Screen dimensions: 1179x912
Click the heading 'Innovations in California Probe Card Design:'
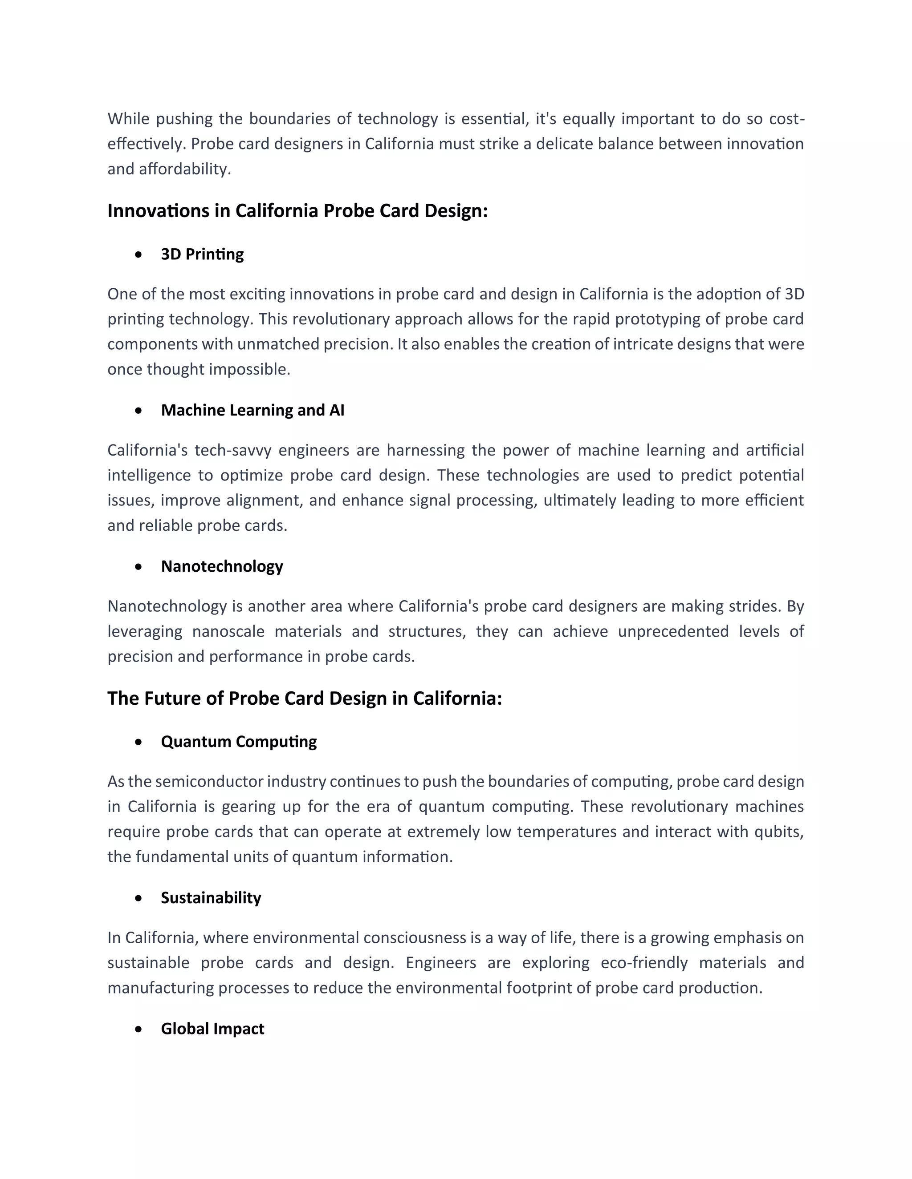pyautogui.click(x=297, y=210)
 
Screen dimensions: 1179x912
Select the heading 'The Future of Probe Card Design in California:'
pyautogui.click(x=304, y=698)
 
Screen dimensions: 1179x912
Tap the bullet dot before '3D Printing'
pyautogui.click(x=139, y=254)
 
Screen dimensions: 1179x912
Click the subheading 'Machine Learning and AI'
pyautogui.click(x=252, y=410)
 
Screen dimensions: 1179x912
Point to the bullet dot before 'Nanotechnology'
pyautogui.click(x=139, y=566)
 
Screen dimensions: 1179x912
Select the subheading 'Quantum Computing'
pyautogui.click(x=238, y=741)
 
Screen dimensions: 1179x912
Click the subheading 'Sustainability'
pyautogui.click(x=211, y=897)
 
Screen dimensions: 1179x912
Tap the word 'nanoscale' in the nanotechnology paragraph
pyautogui.click(x=228, y=632)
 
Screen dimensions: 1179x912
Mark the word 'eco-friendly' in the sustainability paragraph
pyautogui.click(x=644, y=962)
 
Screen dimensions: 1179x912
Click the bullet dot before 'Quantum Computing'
pyautogui.click(x=139, y=742)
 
